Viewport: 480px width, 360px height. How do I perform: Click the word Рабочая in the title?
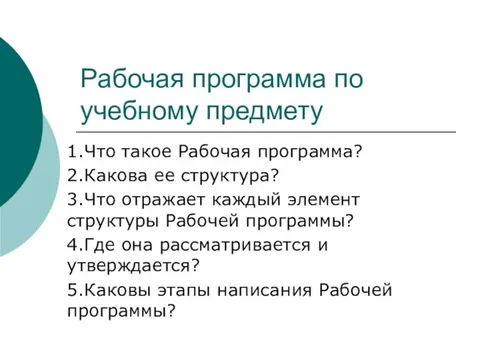pos(124,79)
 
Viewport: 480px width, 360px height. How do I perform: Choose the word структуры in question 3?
pos(111,220)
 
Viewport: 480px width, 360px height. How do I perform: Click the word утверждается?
pos(128,265)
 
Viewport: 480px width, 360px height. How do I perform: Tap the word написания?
pos(256,289)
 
